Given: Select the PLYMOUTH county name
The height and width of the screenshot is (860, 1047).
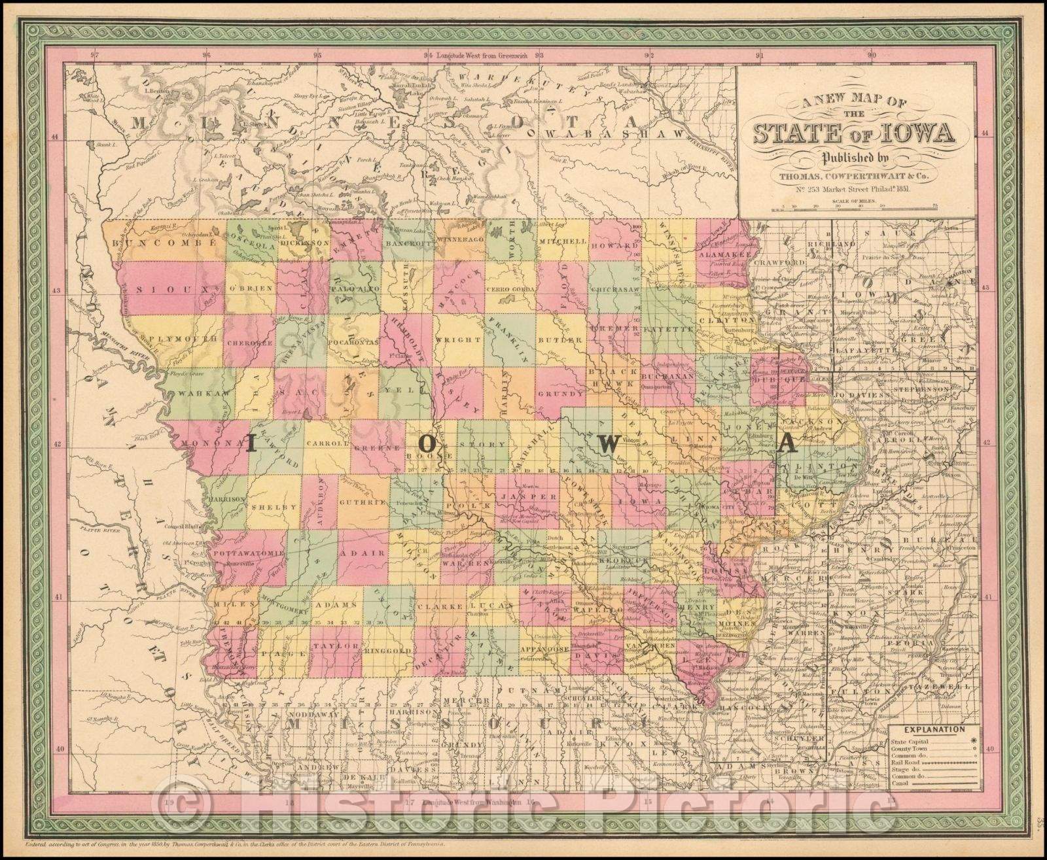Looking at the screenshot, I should [x=168, y=339].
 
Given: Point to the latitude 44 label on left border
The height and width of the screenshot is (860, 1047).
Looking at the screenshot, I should [x=55, y=137].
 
